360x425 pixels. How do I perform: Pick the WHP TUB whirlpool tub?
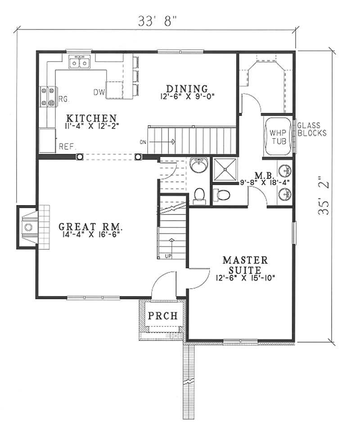point(275,137)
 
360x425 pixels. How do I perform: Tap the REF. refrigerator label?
point(67,146)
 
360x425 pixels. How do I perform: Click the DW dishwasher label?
point(99,92)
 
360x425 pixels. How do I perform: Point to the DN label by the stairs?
point(144,143)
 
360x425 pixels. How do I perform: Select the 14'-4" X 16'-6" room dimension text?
point(91,234)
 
